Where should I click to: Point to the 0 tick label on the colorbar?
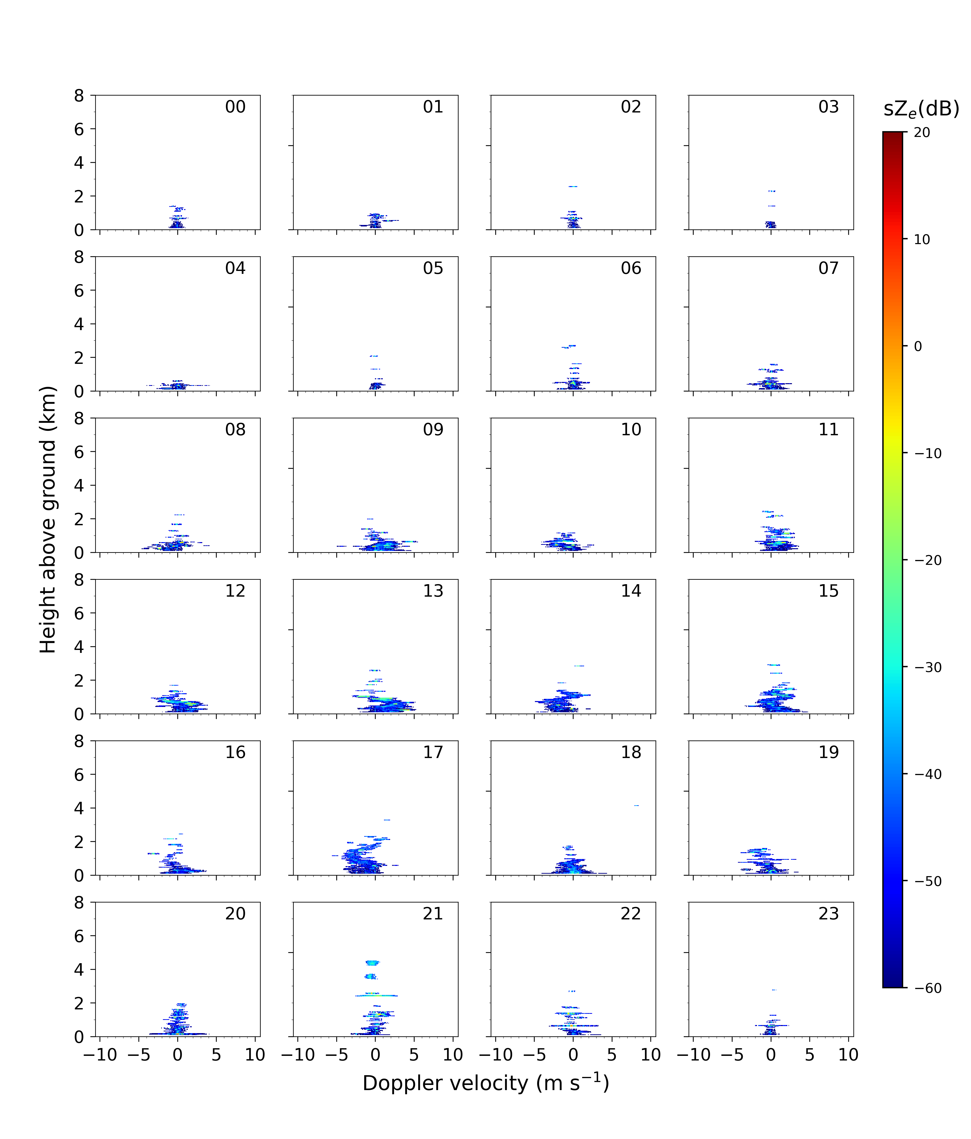click(918, 346)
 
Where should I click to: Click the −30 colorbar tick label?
click(927, 667)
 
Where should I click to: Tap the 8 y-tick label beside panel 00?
click(79, 96)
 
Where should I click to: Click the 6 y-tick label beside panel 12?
click(79, 614)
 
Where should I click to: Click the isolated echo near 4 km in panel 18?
click(636, 805)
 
